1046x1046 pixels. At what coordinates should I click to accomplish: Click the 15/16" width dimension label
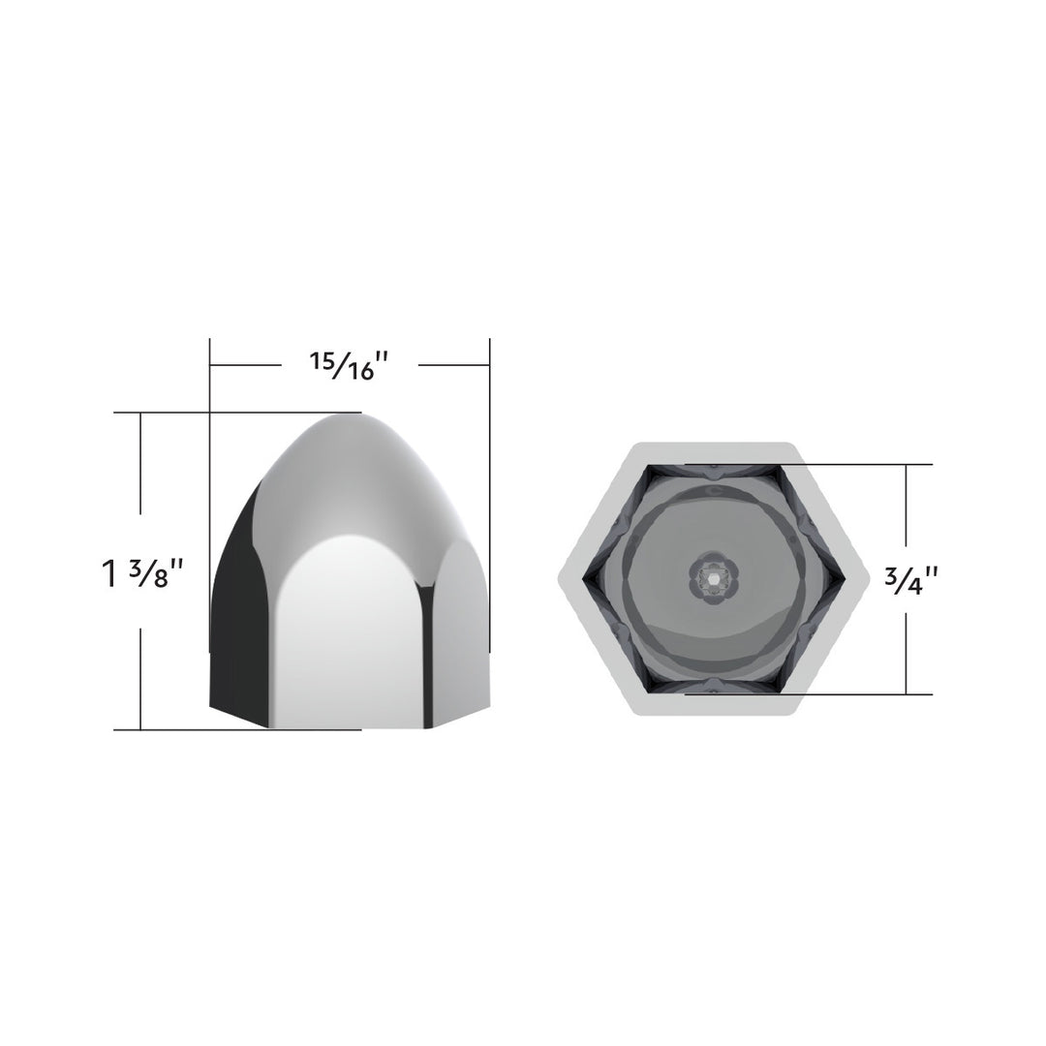click(349, 366)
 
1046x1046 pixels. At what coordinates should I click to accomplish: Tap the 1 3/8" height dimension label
click(142, 572)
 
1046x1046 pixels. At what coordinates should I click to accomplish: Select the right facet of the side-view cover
click(457, 630)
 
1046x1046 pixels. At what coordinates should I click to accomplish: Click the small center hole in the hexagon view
click(712, 578)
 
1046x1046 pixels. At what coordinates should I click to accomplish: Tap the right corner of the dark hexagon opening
click(841, 579)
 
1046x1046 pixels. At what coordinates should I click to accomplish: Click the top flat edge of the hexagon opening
click(712, 467)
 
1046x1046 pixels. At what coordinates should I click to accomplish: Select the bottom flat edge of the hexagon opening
click(712, 692)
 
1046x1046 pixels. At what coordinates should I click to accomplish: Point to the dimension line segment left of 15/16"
click(246, 366)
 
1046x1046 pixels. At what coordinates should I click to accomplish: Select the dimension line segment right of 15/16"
click(453, 366)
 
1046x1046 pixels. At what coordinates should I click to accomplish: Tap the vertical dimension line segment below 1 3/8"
click(141, 678)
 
